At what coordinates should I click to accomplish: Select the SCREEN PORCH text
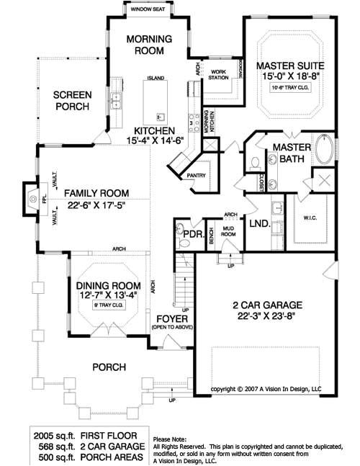click(71, 100)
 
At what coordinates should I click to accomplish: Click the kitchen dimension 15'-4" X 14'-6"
click(163, 139)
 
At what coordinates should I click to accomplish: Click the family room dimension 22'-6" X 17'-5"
click(94, 205)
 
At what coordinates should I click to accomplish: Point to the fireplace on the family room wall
click(30, 194)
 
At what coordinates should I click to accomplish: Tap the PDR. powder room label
click(191, 234)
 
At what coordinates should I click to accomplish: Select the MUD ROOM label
click(228, 231)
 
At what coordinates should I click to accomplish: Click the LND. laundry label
click(260, 225)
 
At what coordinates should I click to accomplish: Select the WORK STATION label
click(218, 74)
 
